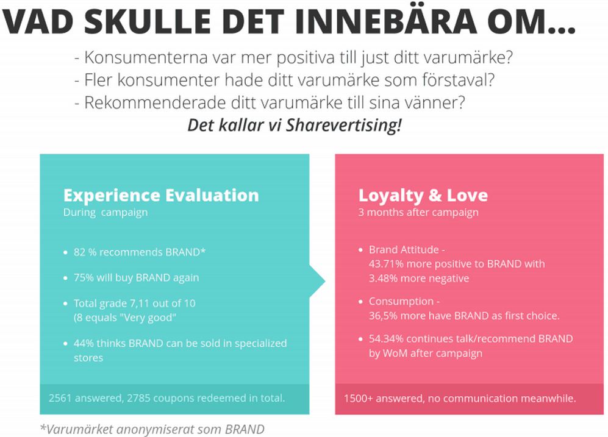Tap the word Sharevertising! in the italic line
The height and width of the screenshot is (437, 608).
pos(343,126)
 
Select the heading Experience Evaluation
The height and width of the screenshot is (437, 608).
pos(161,195)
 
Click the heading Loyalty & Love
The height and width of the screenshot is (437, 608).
pos(423,196)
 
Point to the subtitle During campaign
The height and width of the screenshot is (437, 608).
pos(106,212)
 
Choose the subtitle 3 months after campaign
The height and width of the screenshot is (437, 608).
pos(418,212)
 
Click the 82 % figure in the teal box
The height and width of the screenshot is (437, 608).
pos(85,252)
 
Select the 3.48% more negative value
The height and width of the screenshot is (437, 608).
pos(419,279)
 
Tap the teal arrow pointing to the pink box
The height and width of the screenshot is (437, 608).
pos(317,281)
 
